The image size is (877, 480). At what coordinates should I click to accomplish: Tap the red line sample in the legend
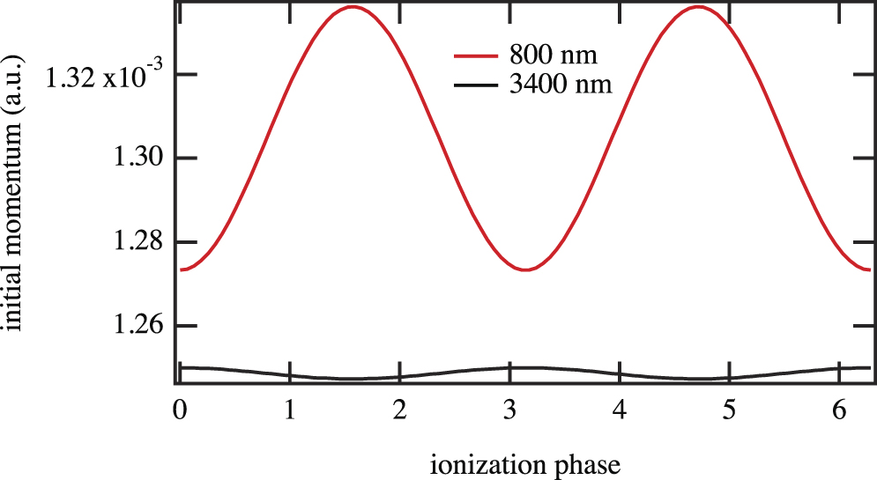click(476, 56)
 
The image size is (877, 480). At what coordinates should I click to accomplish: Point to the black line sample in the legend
click(476, 85)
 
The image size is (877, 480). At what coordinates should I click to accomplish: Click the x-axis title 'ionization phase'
click(525, 462)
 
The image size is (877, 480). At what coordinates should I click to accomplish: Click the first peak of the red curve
click(353, 7)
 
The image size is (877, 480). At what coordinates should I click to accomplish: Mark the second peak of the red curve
click(699, 7)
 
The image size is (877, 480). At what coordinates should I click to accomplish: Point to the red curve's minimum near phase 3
click(525, 270)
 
